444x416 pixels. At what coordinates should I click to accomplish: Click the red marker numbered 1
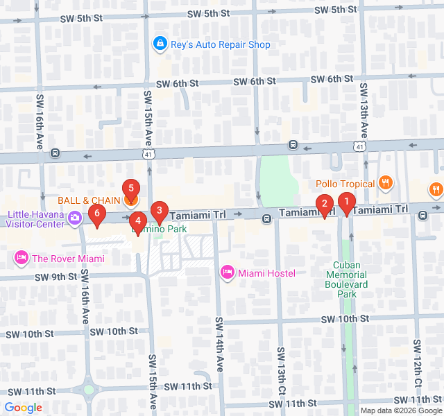[345, 202]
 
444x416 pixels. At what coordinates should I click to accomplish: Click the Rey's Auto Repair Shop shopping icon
[160, 44]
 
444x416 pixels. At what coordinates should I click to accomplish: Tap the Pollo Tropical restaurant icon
[386, 184]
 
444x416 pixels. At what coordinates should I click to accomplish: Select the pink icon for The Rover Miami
[21, 259]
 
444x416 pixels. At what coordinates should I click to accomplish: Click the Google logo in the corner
[23, 408]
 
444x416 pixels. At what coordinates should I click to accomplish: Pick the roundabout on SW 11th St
[89, 389]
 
